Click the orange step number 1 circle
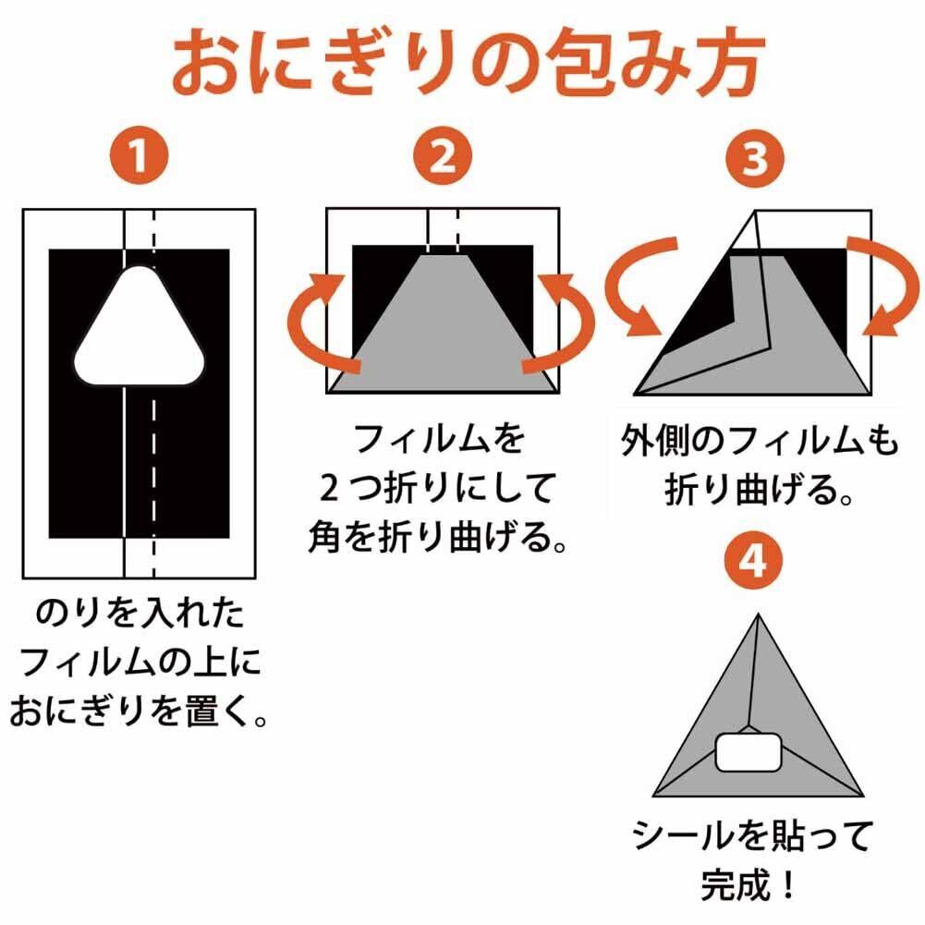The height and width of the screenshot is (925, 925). pos(140,156)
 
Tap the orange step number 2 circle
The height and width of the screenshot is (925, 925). pos(443,156)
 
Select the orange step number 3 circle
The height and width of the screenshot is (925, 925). pos(755,158)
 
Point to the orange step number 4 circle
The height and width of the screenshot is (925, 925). pos(753,560)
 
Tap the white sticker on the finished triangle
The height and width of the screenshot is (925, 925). pos(748,752)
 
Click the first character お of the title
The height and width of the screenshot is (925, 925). pos(207,64)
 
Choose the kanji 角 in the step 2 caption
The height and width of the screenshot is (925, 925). pos(325,536)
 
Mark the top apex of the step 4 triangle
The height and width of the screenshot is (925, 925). pos(758,615)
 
